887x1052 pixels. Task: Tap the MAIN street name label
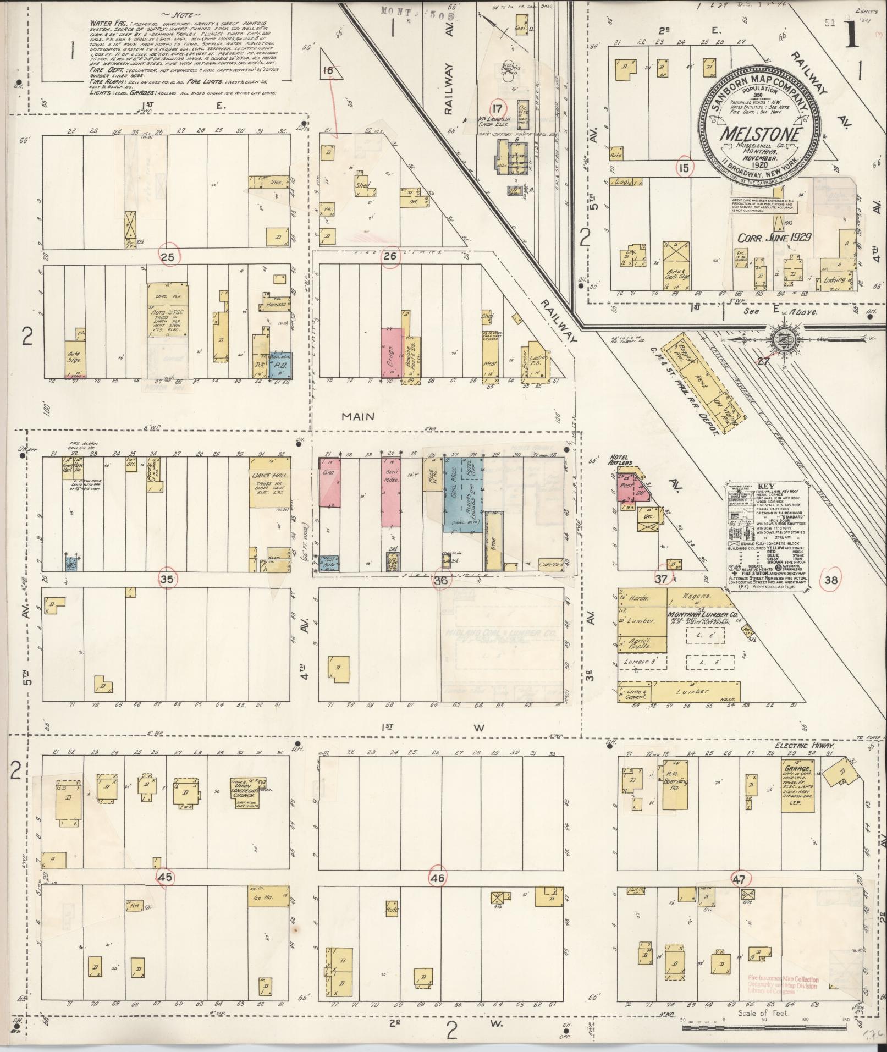click(x=357, y=416)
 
